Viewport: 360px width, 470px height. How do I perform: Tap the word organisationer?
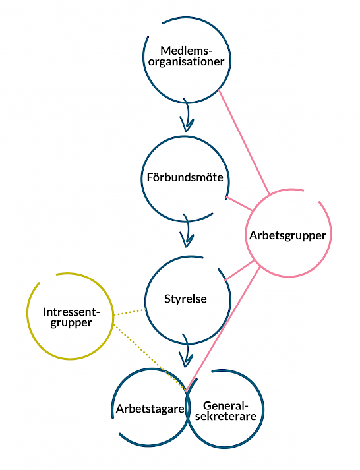[186, 62]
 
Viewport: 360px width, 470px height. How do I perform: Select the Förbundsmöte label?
[185, 177]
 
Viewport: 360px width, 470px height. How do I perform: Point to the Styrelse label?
[185, 299]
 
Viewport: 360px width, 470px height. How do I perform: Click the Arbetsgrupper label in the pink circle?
[287, 235]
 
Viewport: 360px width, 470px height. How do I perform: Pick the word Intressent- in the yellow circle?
[71, 312]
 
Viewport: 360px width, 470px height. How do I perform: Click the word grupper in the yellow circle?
[71, 324]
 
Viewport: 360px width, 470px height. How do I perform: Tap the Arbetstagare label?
[150, 409]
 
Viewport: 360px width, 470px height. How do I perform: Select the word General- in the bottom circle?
[225, 406]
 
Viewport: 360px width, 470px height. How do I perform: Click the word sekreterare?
[225, 416]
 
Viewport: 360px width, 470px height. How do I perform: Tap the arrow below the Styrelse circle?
[187, 351]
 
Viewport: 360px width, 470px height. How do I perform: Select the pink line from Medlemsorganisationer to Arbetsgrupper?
[244, 142]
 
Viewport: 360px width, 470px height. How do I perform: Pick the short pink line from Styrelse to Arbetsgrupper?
[239, 271]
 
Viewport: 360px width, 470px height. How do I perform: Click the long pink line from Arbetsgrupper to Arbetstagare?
[223, 329]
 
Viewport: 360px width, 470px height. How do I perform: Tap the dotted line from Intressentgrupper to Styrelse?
[130, 312]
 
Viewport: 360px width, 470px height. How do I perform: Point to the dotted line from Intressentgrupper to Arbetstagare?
[150, 357]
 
